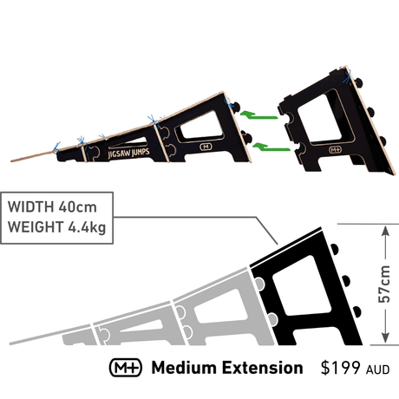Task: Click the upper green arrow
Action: click(x=258, y=115)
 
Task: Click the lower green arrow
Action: click(x=271, y=147)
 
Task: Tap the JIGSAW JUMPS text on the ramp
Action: click(x=128, y=153)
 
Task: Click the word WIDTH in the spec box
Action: click(x=31, y=207)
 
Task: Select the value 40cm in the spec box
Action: click(x=78, y=207)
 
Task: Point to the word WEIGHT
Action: click(x=36, y=227)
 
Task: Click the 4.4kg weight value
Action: click(x=87, y=227)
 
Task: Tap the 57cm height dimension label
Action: click(x=384, y=285)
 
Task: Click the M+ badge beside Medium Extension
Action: click(x=126, y=368)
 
